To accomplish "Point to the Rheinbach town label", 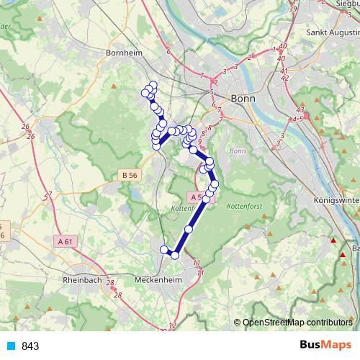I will coord(83,279).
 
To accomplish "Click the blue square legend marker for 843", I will coord(11,346).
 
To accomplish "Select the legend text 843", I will coord(30,346).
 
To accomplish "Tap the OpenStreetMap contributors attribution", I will coord(297,323).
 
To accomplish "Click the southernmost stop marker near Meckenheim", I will coord(175,255).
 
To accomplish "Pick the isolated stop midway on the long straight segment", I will coord(189,229).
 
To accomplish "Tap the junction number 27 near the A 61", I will coord(48,194).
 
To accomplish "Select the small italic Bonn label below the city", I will coord(237,151).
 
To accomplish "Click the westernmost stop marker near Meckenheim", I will coord(164,249).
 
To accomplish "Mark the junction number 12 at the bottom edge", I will coord(171,325).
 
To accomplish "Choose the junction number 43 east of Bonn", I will coord(300,109).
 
